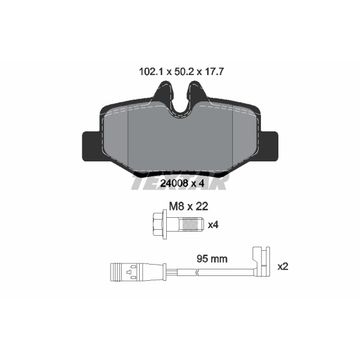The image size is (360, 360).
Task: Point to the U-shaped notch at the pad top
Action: pos(180,102)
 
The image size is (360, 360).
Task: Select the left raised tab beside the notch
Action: pos(162,93)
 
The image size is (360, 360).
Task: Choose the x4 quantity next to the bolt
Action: pos(212,226)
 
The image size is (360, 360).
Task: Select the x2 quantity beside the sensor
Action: pos(283,266)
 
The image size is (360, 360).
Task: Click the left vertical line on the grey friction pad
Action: pos(129,141)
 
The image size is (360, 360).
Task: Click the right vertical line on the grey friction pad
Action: pos(232,141)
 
